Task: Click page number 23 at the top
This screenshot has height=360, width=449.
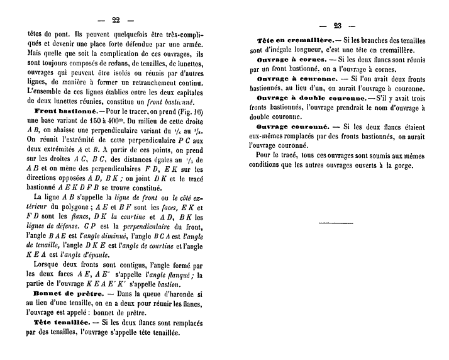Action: pyautogui.click(x=336, y=26)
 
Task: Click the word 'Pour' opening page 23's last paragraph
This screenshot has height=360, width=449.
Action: pyautogui.click(x=267, y=155)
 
